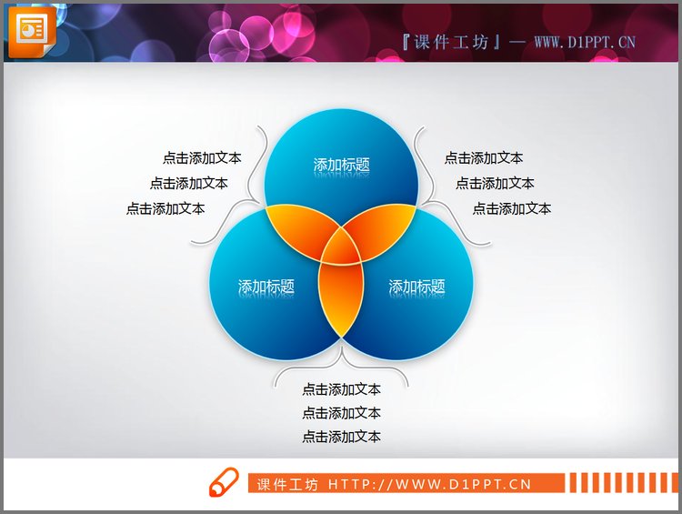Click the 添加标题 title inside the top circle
(342, 165)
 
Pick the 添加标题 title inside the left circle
(266, 286)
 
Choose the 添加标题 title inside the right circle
(417, 287)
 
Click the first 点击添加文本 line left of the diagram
(202, 157)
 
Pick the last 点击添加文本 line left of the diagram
(165, 208)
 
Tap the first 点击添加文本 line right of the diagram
(484, 157)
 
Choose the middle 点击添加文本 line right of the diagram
(495, 183)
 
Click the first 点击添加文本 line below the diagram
(342, 389)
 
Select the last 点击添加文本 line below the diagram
(342, 437)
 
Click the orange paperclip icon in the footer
(224, 483)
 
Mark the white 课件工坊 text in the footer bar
(287, 484)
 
